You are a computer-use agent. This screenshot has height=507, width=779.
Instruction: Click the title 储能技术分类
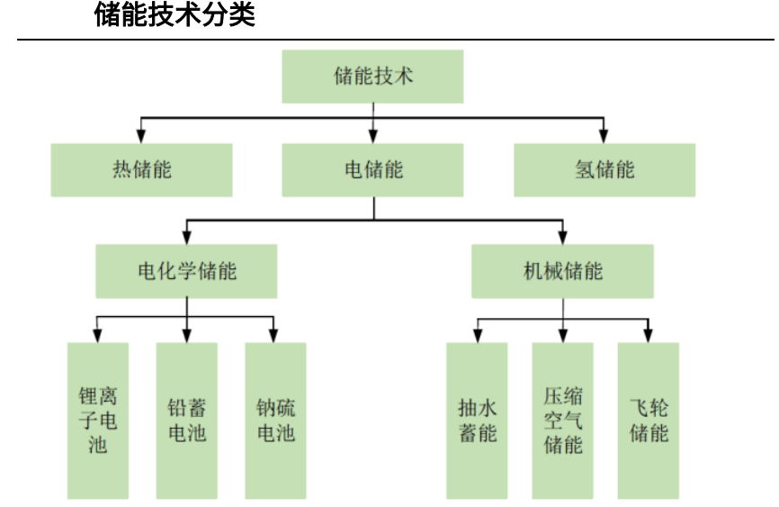(175, 14)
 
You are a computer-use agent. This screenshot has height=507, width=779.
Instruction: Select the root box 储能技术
(372, 77)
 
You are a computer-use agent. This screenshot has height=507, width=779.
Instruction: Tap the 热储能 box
(141, 170)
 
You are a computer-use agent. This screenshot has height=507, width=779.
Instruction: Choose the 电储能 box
(372, 170)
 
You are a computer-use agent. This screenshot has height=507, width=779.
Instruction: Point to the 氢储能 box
(604, 170)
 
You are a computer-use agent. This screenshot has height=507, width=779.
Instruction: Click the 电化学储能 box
(186, 271)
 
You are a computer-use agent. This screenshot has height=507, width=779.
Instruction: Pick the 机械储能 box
(562, 271)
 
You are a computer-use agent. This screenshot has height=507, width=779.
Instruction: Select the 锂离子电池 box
(98, 421)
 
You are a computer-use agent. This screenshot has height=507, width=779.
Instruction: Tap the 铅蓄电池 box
(187, 421)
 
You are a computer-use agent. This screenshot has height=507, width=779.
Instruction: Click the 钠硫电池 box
(276, 421)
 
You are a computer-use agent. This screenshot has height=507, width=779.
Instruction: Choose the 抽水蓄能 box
(477, 421)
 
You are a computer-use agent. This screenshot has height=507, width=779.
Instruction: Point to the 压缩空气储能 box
(563, 421)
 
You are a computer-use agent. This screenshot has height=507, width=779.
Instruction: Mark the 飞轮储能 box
(649, 421)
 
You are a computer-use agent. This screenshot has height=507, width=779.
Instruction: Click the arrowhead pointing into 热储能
(141, 137)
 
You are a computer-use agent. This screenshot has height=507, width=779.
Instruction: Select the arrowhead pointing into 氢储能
(604, 137)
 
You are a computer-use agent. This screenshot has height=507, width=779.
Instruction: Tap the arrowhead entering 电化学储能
(187, 238)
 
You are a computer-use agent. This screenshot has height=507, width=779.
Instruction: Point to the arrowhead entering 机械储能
(562, 238)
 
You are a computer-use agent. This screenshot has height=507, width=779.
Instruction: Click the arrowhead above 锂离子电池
(97, 336)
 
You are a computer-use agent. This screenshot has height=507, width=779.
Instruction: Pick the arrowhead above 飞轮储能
(648, 336)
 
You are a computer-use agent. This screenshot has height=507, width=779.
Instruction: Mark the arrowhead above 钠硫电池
(273, 336)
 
